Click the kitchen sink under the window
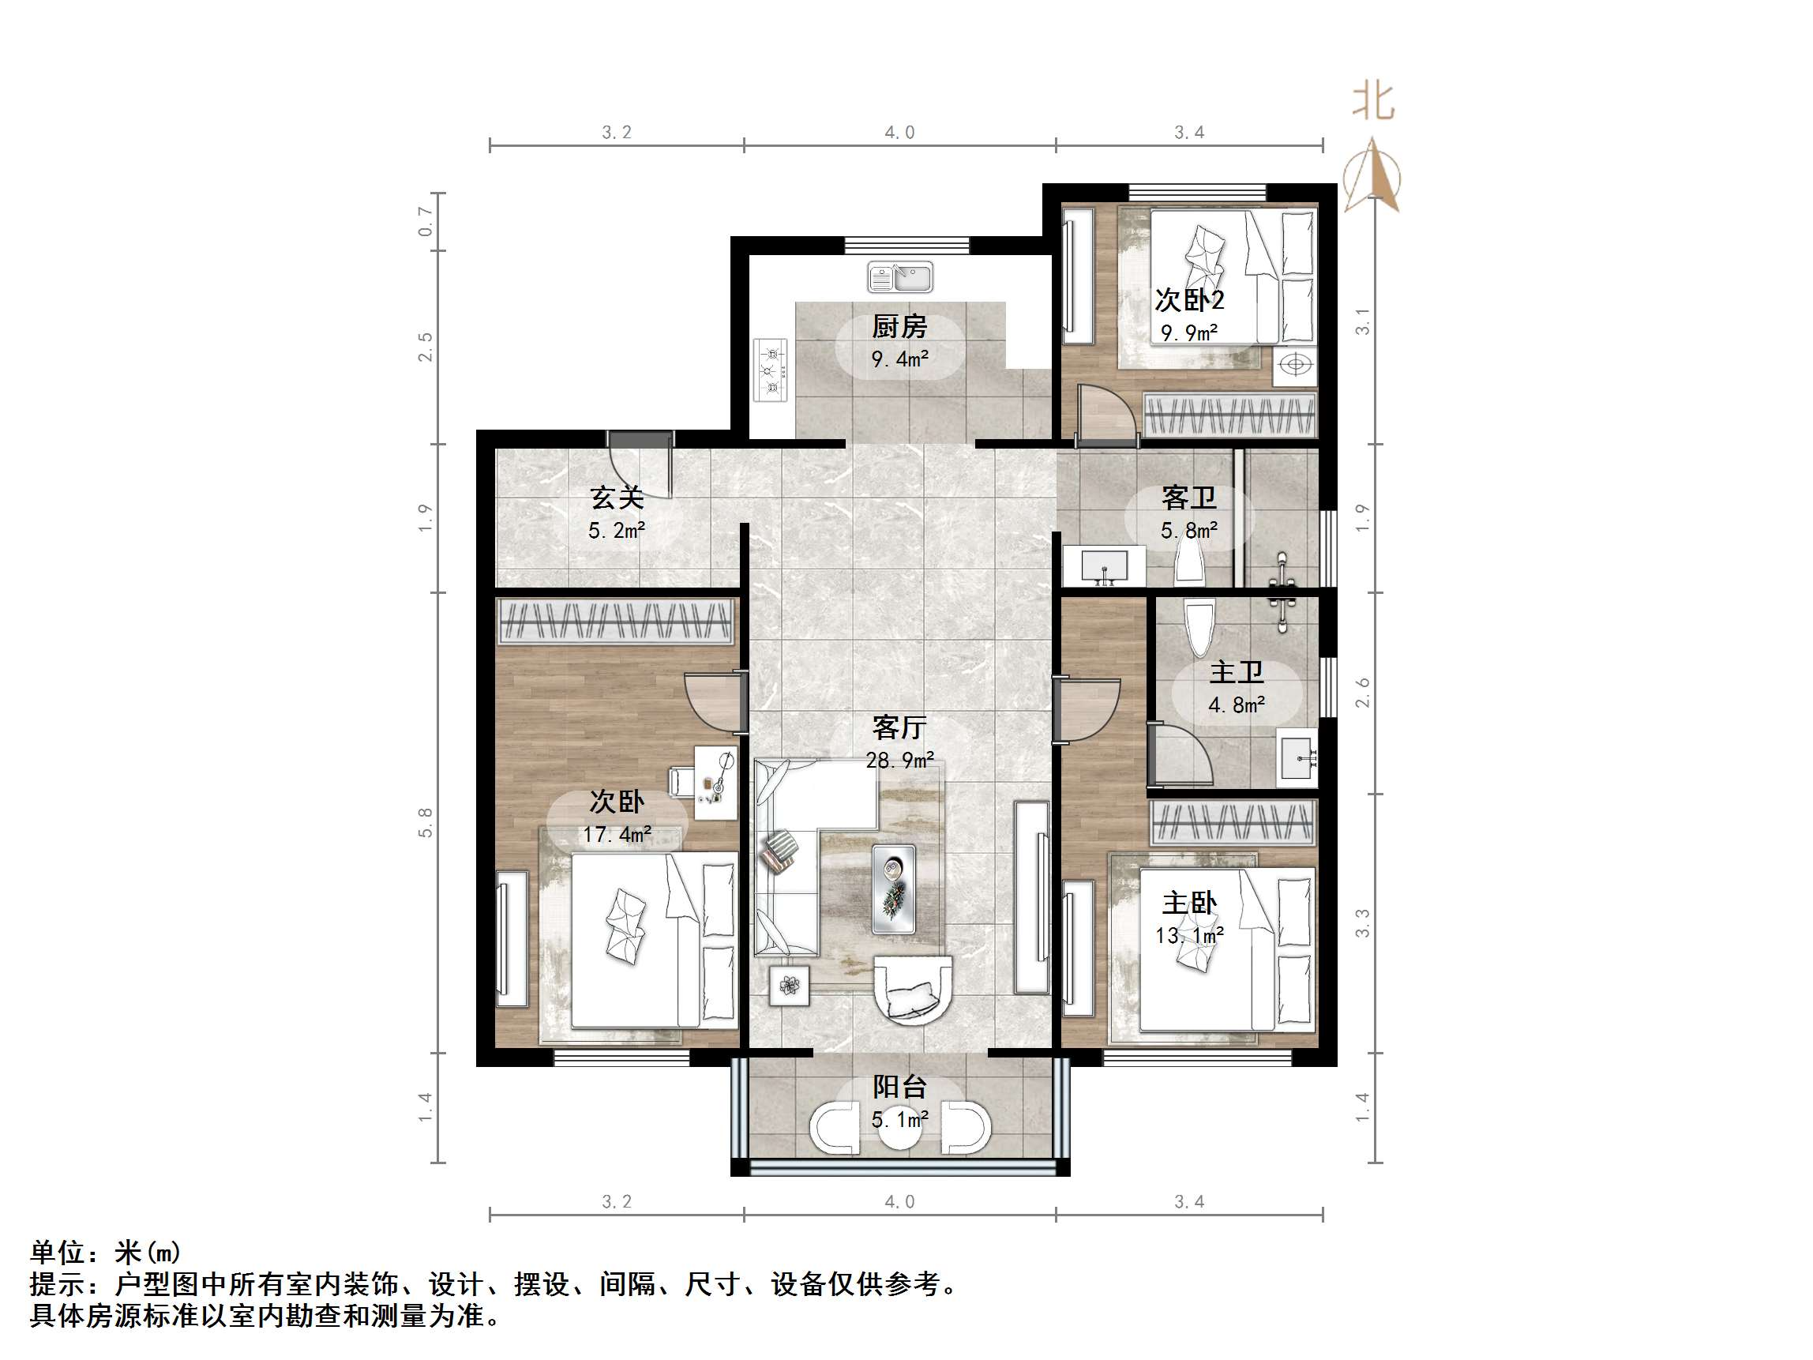click(x=900, y=277)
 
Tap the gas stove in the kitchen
click(x=771, y=370)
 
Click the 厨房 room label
click(x=899, y=326)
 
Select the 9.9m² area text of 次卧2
click(x=1188, y=332)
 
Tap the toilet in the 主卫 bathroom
click(x=1199, y=628)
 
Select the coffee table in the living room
click(x=893, y=889)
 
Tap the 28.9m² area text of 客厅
click(x=899, y=761)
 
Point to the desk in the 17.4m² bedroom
click(x=715, y=782)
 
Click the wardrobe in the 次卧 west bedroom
click(x=616, y=621)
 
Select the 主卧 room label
click(x=1188, y=904)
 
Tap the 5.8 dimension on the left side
click(x=425, y=822)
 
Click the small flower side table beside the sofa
click(x=790, y=986)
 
